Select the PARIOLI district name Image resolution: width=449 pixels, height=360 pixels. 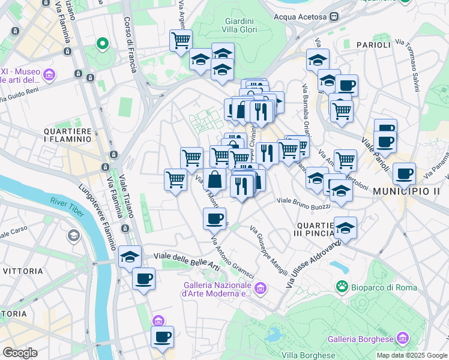tap(373, 45)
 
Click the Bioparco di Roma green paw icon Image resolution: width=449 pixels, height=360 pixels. tap(342, 287)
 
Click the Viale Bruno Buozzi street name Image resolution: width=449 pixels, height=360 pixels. tap(304, 202)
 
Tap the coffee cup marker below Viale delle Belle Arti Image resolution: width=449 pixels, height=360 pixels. tap(144, 279)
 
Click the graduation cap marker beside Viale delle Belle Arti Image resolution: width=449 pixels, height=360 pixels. tap(130, 257)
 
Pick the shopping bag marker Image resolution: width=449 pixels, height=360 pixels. tap(214, 179)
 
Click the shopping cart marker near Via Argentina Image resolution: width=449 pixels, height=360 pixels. tap(181, 41)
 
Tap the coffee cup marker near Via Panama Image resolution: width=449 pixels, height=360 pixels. tap(404, 173)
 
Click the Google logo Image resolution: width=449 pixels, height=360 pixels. tap(20, 353)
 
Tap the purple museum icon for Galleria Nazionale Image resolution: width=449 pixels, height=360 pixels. tap(260, 289)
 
